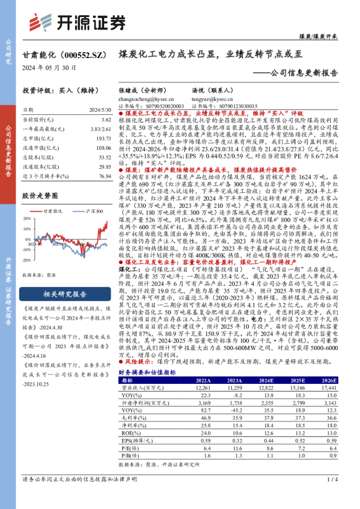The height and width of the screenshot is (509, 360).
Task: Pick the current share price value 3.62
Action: (106, 121)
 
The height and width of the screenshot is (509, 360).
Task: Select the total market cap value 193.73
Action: (103, 139)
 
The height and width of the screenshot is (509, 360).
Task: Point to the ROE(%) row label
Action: (128, 433)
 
